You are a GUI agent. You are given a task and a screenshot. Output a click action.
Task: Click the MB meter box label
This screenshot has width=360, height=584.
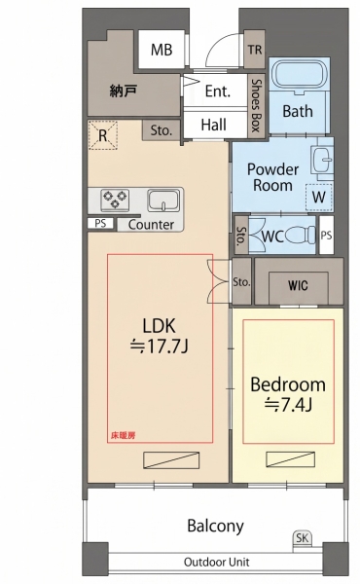point(162,50)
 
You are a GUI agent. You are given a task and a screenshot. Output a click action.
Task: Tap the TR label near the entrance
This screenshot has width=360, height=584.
point(255,50)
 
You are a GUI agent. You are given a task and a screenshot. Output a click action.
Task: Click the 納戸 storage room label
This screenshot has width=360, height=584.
point(124,91)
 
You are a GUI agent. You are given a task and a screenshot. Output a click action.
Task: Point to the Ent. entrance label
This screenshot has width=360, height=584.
point(218,91)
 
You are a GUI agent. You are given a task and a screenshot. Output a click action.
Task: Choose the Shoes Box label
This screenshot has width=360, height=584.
point(256,105)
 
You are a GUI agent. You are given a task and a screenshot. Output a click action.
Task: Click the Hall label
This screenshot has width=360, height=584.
point(214,125)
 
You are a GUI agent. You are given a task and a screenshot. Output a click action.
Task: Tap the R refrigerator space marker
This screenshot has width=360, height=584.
point(103,135)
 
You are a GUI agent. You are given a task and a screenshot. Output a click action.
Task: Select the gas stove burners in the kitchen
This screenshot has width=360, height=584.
point(115,200)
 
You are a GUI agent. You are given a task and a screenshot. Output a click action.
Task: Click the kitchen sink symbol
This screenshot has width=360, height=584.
point(163,201)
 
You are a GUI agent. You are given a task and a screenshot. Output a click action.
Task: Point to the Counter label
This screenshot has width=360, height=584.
point(151,225)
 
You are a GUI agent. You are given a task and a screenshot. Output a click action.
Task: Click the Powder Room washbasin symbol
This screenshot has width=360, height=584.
point(322,160)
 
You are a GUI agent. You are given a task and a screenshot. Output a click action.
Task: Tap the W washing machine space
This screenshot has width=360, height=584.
point(319,197)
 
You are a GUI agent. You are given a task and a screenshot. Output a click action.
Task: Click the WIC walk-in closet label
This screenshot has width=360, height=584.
point(298,285)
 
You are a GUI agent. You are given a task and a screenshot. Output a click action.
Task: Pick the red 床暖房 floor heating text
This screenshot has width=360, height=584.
point(123,435)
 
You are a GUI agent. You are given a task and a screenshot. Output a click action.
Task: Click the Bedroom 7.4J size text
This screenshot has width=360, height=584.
point(288,405)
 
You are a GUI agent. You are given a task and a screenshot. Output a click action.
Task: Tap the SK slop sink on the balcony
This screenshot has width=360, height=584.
point(303,538)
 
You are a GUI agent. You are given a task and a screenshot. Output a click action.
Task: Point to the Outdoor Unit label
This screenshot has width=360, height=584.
point(217,562)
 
